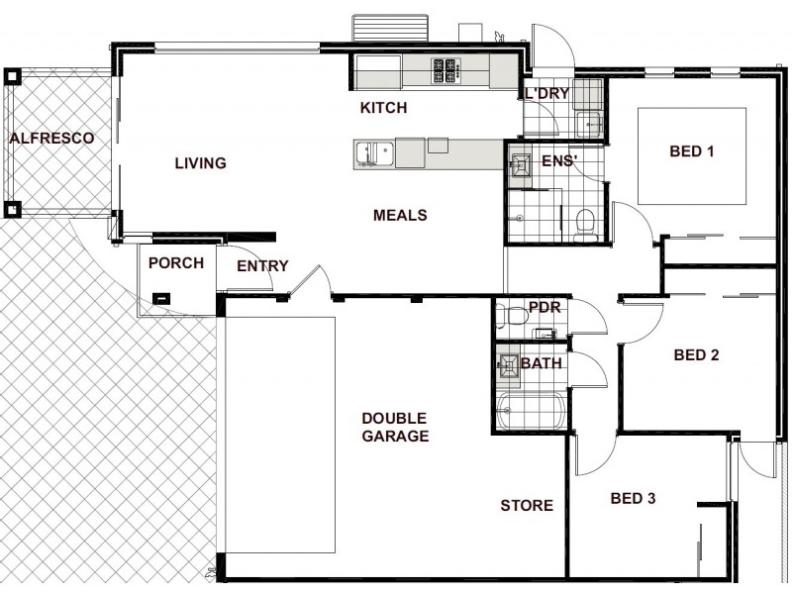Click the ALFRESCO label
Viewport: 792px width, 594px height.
pos(51,139)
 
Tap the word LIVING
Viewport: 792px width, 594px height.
pos(201,163)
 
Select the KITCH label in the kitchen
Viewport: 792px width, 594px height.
pos(383,108)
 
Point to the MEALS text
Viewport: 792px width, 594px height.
pos(399,215)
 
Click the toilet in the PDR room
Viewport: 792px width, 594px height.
pos(513,316)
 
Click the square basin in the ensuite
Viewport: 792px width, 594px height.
pos(521,168)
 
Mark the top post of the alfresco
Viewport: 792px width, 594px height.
pos(12,76)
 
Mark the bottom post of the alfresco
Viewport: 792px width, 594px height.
pos(12,209)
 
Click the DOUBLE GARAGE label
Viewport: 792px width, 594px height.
pos(394,427)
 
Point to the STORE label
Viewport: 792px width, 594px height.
pos(526,506)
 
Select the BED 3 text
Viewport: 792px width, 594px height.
pos(633,498)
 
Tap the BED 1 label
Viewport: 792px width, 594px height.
pos(692,151)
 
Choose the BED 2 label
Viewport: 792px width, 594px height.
pos(695,354)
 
